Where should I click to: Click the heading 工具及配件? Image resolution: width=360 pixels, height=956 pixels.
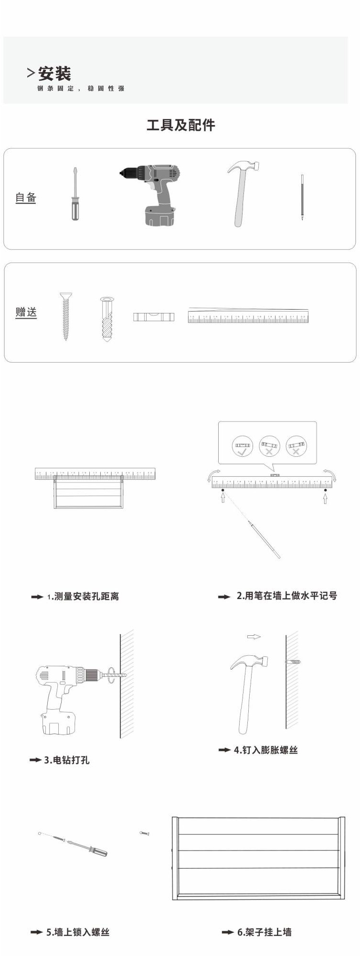click(180, 125)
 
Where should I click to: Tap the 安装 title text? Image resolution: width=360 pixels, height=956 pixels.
click(55, 74)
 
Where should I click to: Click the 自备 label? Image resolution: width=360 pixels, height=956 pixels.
click(26, 197)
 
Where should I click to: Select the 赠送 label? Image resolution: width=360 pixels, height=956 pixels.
click(26, 312)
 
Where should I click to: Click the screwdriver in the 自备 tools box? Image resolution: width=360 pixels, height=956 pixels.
click(75, 195)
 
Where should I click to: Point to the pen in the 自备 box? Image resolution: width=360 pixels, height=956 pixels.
click(302, 197)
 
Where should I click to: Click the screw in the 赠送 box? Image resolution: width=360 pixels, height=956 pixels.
click(65, 315)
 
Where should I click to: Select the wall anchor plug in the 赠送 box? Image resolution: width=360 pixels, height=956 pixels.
click(107, 318)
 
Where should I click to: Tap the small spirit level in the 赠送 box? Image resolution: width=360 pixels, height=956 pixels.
click(153, 316)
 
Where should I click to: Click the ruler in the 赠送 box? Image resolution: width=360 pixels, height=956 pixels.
click(248, 316)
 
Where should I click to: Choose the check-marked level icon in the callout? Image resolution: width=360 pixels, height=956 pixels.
click(243, 446)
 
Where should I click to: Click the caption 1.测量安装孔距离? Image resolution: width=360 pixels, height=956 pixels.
click(83, 596)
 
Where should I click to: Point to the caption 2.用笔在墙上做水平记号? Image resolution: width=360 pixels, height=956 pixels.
click(286, 596)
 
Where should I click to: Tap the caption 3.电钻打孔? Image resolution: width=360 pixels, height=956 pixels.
click(66, 760)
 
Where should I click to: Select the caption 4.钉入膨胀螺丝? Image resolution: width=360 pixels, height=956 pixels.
click(265, 750)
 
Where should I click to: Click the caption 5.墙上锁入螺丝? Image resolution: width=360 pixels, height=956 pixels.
click(77, 932)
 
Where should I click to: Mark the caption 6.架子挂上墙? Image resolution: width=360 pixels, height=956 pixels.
click(264, 932)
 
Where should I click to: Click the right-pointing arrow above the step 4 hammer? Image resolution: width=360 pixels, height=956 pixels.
click(254, 637)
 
